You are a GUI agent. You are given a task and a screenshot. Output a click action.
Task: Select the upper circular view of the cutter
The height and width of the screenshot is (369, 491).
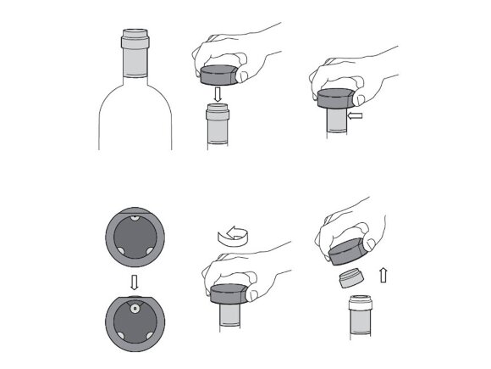(134, 238)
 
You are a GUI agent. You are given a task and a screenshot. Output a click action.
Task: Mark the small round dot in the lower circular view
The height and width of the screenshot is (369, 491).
(134, 309)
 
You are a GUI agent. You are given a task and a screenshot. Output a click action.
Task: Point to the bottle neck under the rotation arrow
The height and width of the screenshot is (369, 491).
(229, 318)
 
